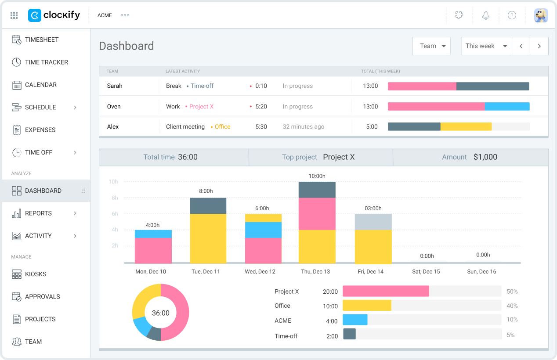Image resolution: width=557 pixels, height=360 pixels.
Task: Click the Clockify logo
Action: tap(54, 15)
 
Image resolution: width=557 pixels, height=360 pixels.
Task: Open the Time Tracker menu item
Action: tap(46, 62)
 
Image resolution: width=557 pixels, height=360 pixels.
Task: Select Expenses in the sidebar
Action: tap(40, 130)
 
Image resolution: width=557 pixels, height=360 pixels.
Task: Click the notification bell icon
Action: tap(485, 15)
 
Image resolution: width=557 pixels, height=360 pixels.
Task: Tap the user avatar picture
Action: tap(541, 15)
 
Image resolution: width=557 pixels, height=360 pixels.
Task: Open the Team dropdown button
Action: tap(431, 46)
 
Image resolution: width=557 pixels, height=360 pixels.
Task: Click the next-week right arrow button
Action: tap(539, 46)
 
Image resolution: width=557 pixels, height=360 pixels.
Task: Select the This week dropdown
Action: tap(486, 46)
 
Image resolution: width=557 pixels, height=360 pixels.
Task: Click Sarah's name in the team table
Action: tap(115, 86)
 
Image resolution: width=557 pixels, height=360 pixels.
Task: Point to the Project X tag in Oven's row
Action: tap(201, 107)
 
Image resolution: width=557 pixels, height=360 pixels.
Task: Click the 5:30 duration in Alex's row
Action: tap(261, 127)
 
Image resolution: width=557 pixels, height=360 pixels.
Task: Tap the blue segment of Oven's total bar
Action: tap(507, 106)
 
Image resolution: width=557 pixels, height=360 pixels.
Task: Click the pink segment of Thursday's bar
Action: tap(317, 214)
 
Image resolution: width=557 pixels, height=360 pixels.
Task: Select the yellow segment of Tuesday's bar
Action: tap(208, 238)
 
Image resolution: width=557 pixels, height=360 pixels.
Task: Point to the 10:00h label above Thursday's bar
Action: tap(317, 176)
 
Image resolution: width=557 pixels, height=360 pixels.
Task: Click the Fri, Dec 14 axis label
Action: tap(370, 272)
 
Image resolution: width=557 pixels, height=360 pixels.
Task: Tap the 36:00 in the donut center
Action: tap(160, 313)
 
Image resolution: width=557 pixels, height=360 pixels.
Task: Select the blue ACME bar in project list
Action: tap(355, 320)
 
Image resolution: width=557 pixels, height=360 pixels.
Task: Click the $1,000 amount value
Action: tap(485, 157)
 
